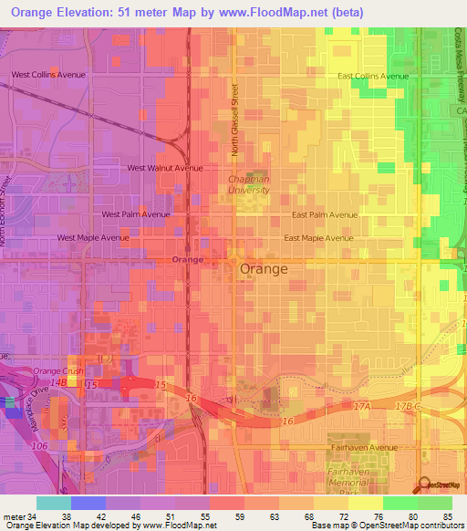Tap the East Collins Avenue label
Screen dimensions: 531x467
click(373, 77)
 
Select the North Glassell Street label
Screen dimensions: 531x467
click(233, 120)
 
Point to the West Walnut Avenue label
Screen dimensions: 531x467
click(165, 168)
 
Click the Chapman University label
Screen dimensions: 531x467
click(248, 184)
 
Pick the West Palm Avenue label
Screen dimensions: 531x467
click(136, 214)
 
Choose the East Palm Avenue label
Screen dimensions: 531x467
click(325, 215)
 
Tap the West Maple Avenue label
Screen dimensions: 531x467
click(93, 238)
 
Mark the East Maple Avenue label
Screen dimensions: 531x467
click(317, 238)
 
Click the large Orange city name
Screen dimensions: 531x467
click(264, 270)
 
